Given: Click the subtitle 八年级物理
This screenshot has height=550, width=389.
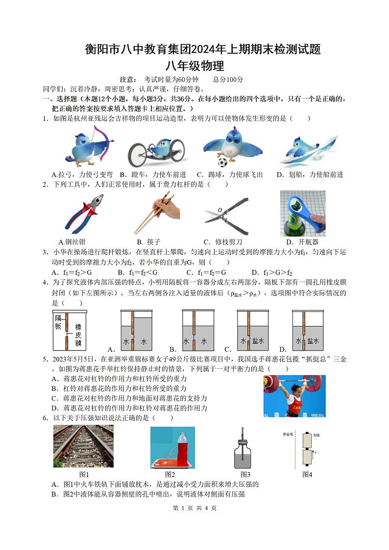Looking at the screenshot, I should pos(194,66).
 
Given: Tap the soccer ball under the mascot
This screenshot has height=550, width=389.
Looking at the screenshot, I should pos(222,162).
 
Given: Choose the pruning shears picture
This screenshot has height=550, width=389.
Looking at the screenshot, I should pos(226,213).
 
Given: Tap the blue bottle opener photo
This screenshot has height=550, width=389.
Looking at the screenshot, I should pos(302,213).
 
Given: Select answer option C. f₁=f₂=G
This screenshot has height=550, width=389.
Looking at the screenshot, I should pos(206,272).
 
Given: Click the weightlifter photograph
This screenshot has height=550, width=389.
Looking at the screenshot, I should pos(294,396).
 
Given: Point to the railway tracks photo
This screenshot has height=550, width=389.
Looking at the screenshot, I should pos(83,446).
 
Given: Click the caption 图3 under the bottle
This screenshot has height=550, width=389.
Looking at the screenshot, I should pos(245,474).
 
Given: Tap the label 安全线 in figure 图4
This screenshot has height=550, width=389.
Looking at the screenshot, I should pos(288,434).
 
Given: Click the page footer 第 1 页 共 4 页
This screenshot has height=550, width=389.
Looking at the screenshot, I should pos(194,508).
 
